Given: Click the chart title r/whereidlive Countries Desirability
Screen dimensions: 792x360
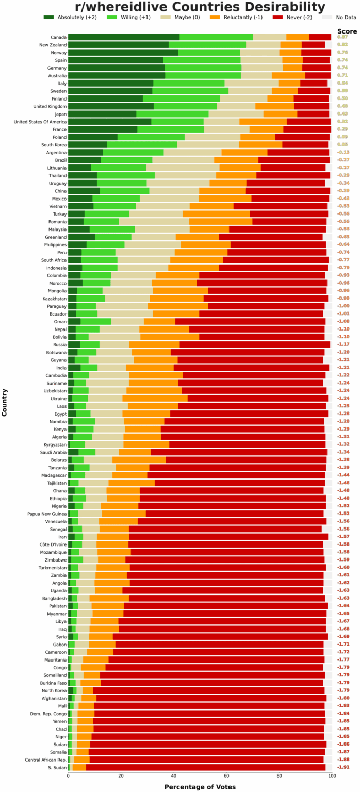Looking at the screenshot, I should click(200, 7).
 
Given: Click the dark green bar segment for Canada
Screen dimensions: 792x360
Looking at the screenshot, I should click(124, 37).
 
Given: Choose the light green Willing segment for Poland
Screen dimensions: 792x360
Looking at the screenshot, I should click(151, 137).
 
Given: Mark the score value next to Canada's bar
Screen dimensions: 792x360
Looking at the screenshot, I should click(342, 37).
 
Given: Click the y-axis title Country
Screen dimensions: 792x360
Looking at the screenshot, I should click(5, 402).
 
